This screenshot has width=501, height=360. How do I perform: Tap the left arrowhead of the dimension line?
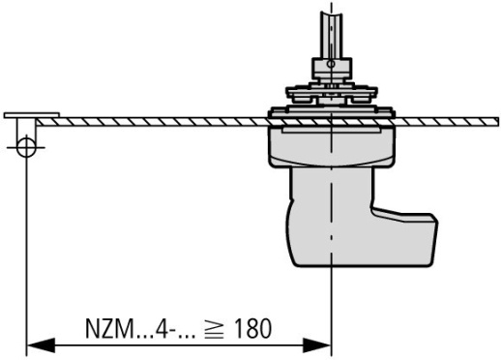click(x=37, y=344)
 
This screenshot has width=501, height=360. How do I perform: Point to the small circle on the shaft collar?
click(x=331, y=67)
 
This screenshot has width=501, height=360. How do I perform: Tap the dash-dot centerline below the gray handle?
click(x=331, y=300)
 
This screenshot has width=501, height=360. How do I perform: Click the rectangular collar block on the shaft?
click(x=331, y=68)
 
